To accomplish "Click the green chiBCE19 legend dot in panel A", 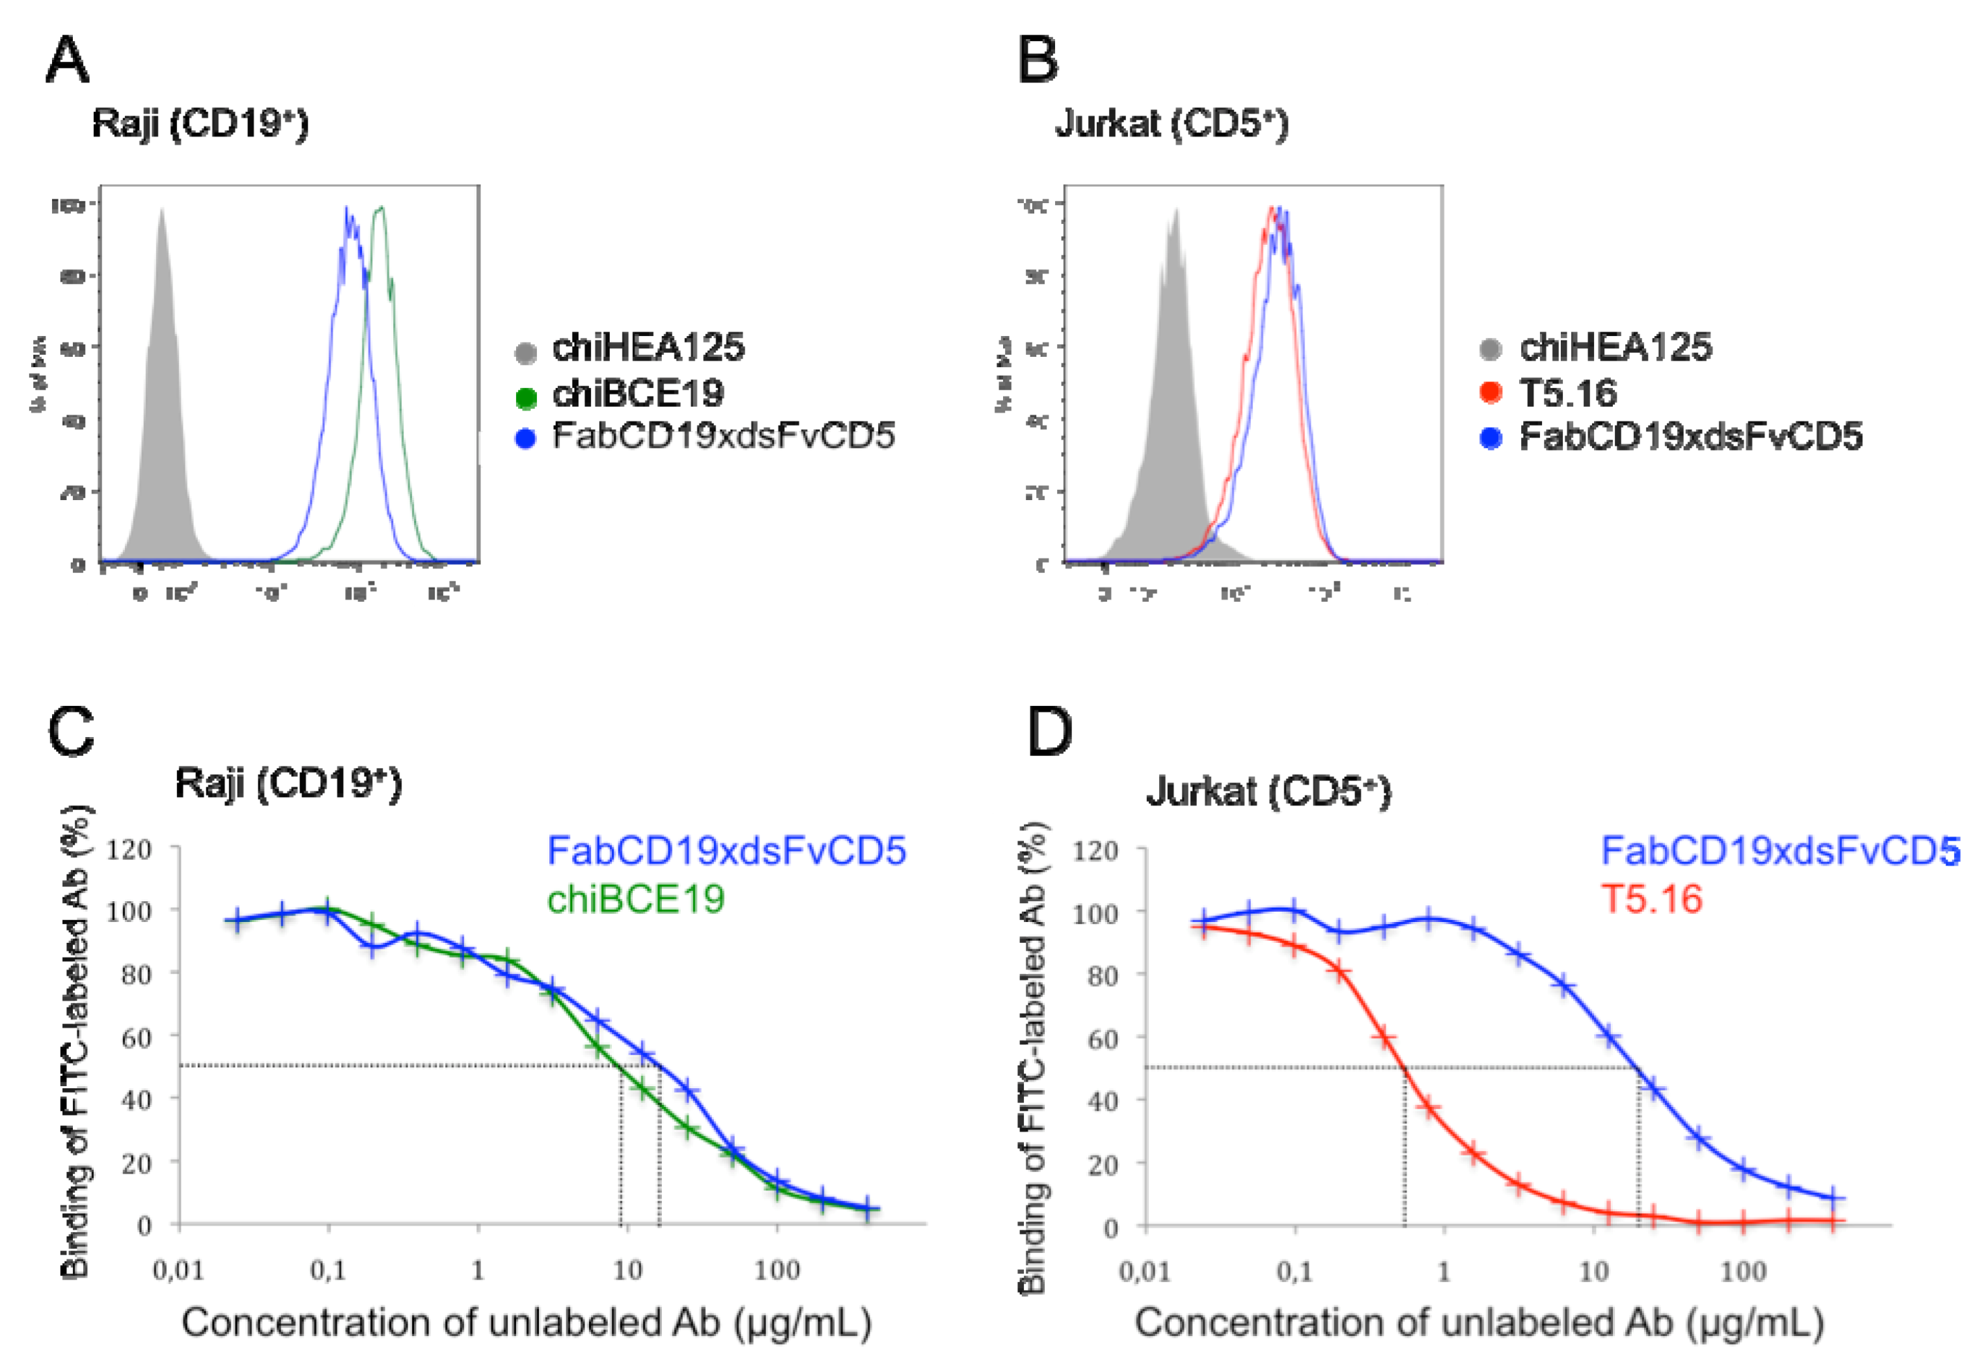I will (x=526, y=397).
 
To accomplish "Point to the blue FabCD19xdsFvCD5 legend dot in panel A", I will (x=526, y=438).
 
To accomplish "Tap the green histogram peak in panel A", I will (x=381, y=210).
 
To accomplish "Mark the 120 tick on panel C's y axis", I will (x=129, y=849).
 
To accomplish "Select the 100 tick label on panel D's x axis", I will (x=1742, y=1272).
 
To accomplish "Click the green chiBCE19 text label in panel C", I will (x=635, y=899).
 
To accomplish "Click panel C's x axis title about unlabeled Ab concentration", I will (x=527, y=1322).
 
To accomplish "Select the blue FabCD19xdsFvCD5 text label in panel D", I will (x=1781, y=850).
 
